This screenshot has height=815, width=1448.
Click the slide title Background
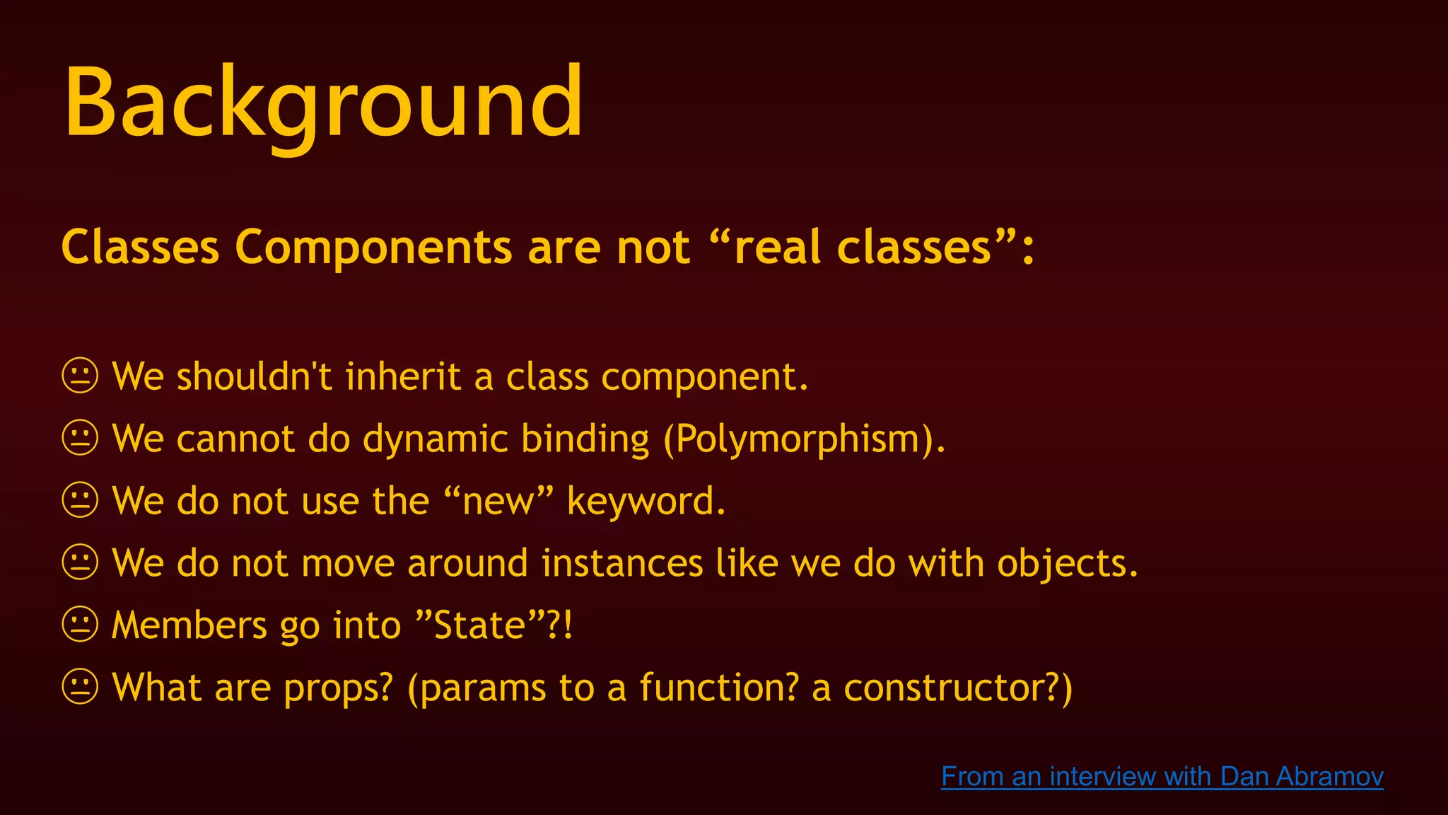[324, 103]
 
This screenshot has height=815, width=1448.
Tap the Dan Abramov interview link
[1162, 776]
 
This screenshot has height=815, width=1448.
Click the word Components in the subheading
[373, 248]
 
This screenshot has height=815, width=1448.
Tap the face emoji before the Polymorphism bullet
[80, 438]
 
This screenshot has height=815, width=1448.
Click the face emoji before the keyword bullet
[80, 500]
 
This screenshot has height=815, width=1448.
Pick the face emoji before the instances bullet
[80, 562]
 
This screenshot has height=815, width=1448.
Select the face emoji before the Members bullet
[80, 625]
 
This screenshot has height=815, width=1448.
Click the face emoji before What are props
[80, 687]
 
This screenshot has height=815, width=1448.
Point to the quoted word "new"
[498, 501]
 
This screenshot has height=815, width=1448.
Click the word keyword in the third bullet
[645, 502]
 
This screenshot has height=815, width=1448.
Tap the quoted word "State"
[479, 625]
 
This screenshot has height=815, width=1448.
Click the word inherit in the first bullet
[402, 376]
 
